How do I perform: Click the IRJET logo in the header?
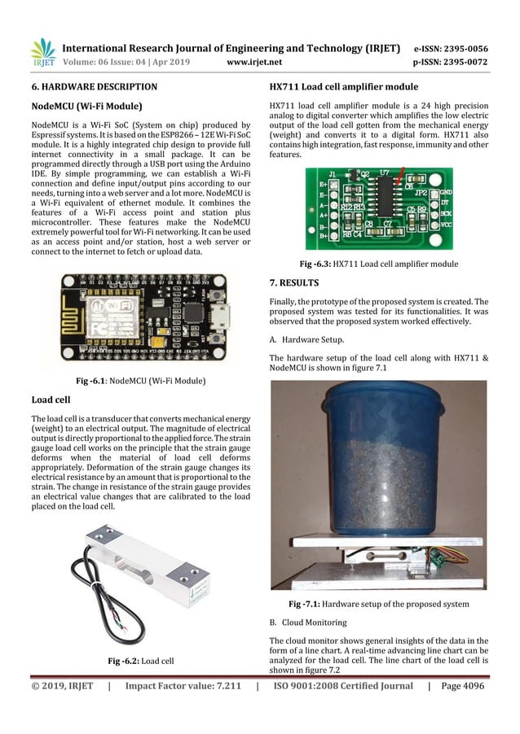[42, 51]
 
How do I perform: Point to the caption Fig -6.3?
[378, 264]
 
